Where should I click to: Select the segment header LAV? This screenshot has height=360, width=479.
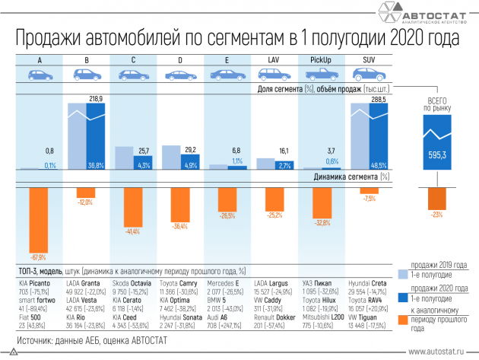pos(274,59)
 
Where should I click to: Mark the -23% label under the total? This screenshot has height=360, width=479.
pos(436,215)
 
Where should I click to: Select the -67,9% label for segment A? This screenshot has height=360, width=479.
pos(38,256)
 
